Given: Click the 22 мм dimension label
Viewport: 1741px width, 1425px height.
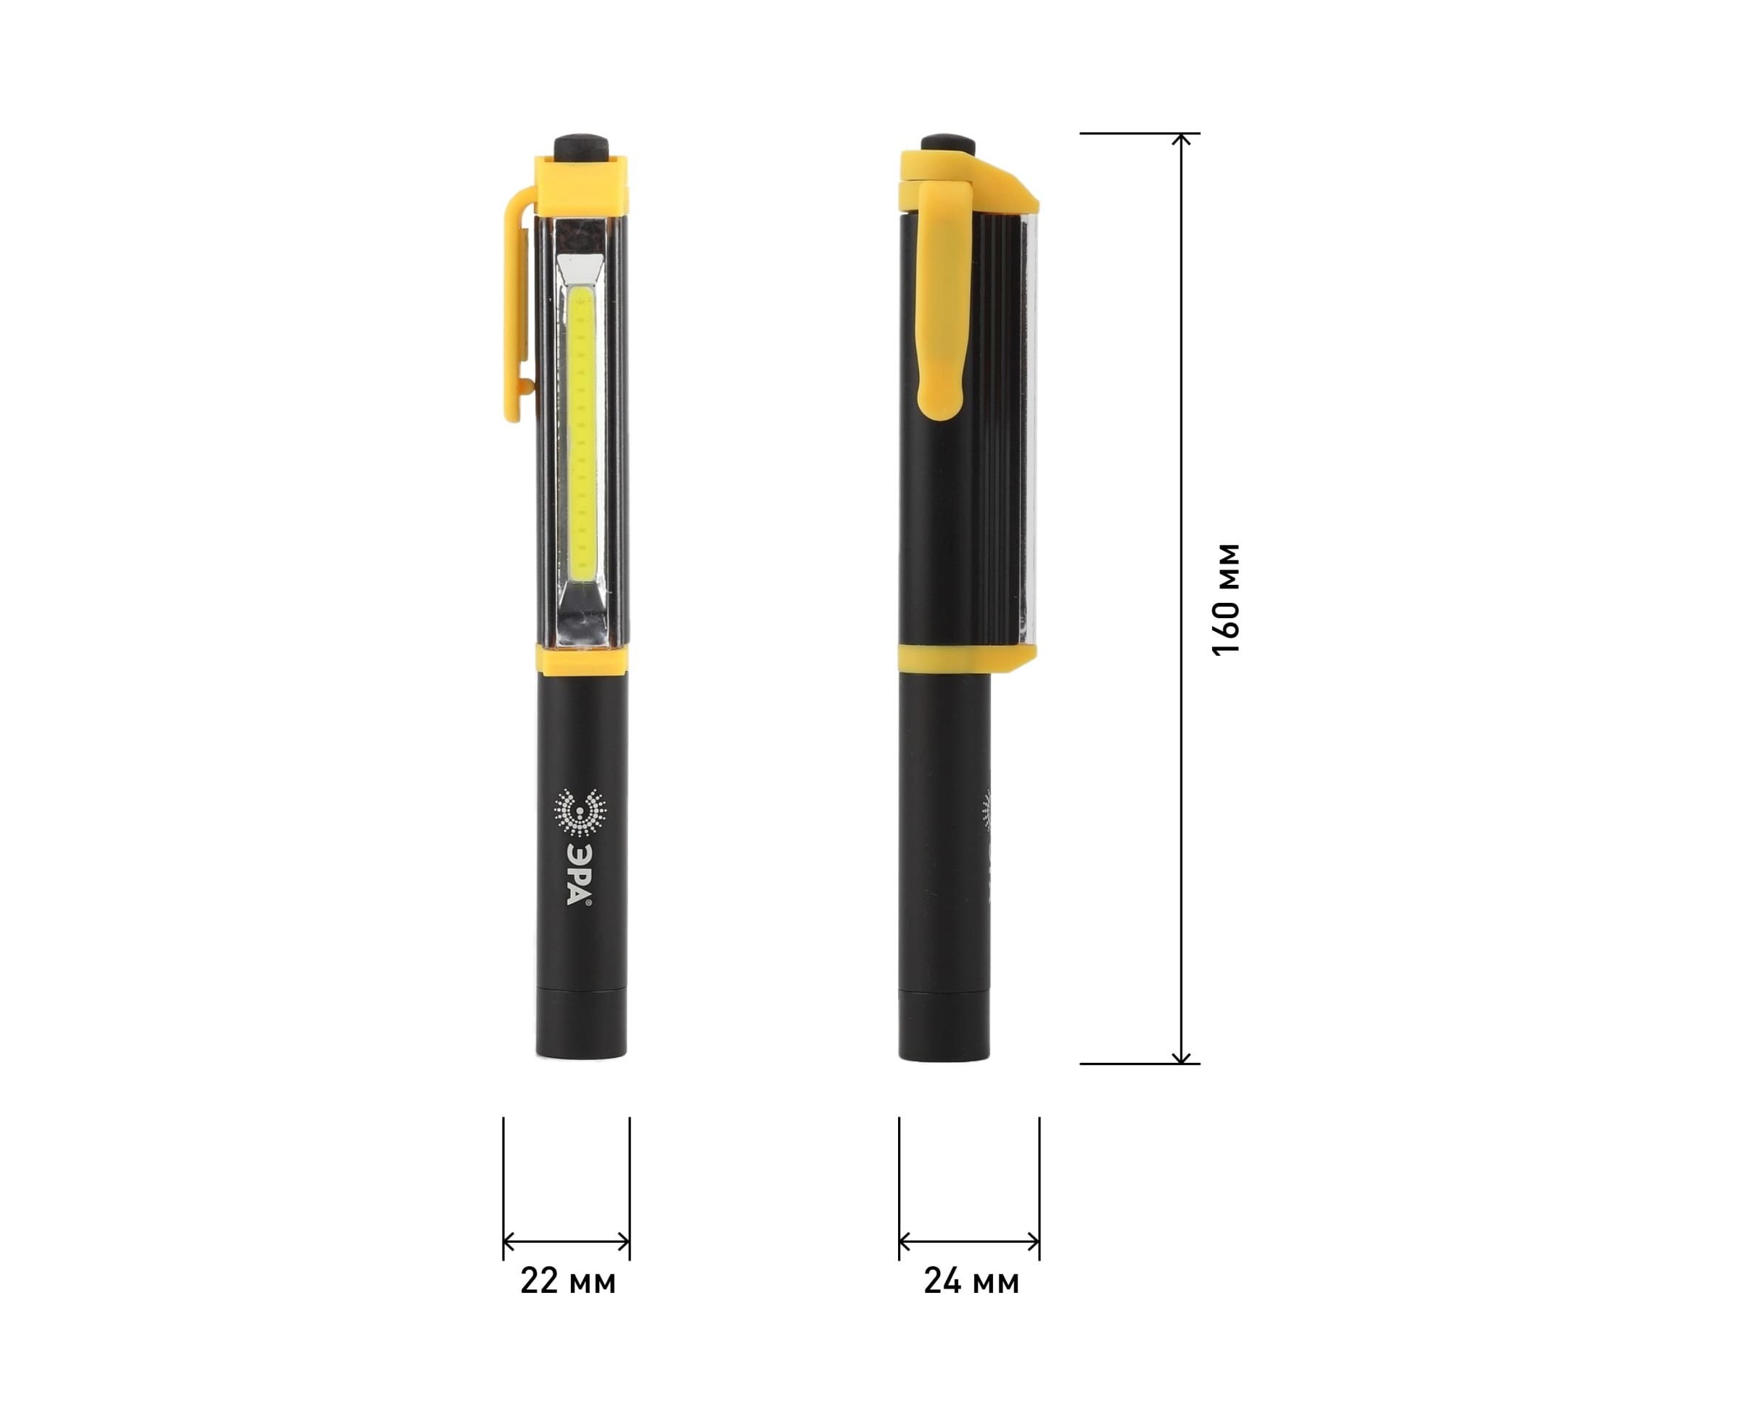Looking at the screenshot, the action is [568, 1281].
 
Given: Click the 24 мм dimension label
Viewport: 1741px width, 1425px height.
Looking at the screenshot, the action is [971, 1281].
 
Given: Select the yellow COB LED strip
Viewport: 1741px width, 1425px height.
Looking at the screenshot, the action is [582, 431].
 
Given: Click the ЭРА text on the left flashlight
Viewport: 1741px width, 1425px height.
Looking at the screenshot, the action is [579, 871].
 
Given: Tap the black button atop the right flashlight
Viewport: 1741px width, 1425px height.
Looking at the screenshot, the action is [947, 144].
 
